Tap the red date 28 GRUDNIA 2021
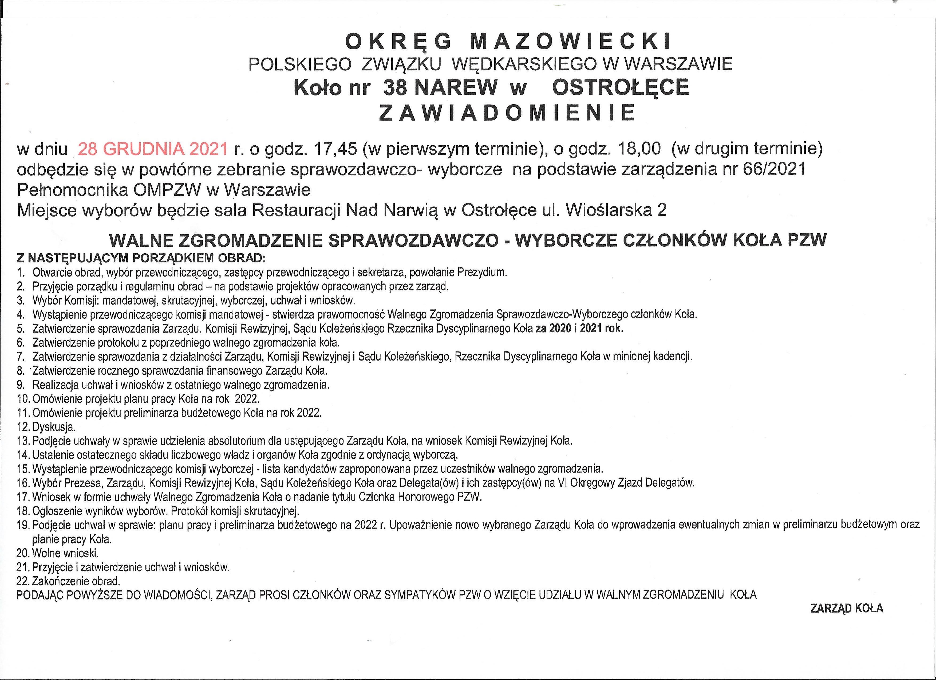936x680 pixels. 153,149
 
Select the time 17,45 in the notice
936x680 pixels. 335,149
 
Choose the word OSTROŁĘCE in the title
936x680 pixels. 620,87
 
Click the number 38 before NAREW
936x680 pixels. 395,87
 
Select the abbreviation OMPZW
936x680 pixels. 167,190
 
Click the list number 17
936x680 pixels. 23,497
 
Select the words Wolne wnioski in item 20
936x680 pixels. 65,553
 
